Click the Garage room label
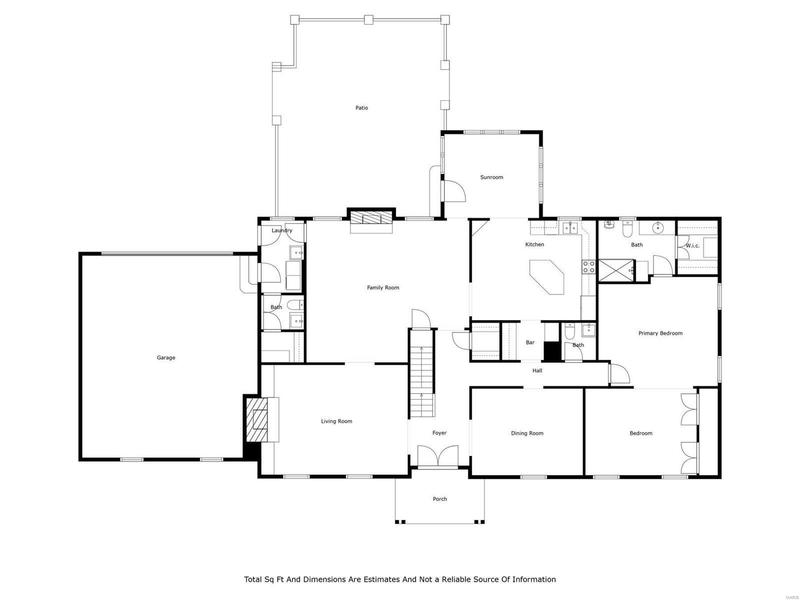click(166, 357)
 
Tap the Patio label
click(361, 107)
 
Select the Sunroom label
click(491, 177)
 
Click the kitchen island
click(547, 276)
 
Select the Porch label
click(440, 499)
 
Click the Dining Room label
click(527, 433)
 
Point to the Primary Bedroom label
click(660, 333)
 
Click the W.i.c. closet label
click(692, 245)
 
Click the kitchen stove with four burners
click(588, 266)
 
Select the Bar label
click(530, 342)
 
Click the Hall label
click(537, 370)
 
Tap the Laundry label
click(281, 230)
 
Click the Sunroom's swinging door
click(453, 191)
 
